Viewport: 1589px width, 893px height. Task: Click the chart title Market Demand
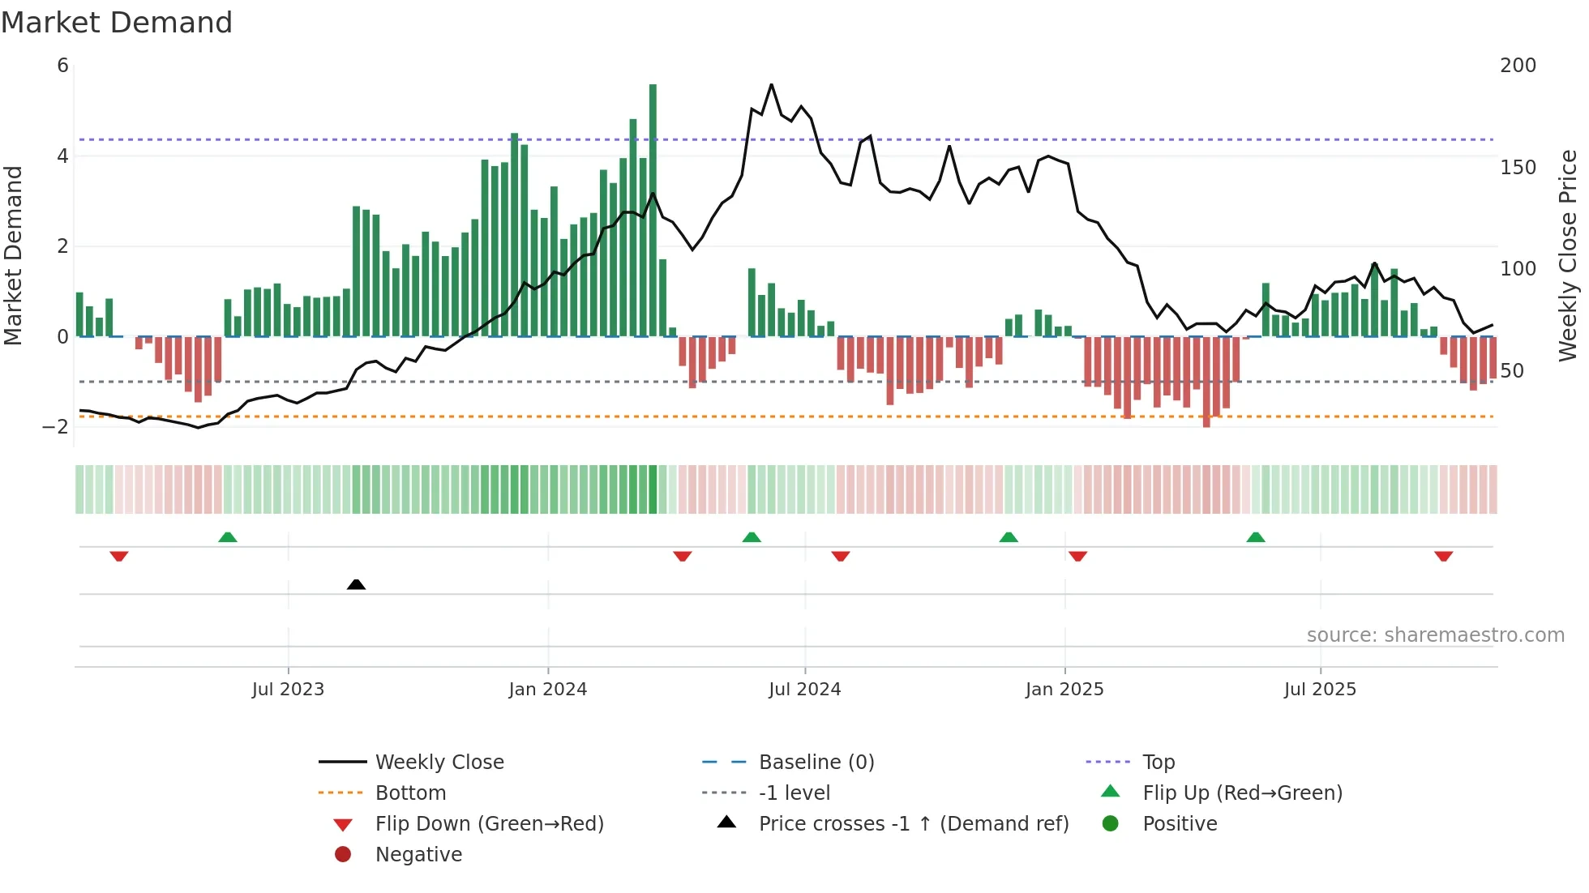click(117, 23)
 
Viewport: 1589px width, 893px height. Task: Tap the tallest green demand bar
click(653, 211)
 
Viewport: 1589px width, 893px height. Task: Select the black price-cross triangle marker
click(356, 584)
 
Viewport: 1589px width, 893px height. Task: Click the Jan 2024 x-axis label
click(547, 690)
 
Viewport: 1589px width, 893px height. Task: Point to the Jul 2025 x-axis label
click(1319, 690)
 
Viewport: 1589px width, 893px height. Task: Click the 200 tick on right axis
click(1518, 66)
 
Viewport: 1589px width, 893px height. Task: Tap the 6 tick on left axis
click(62, 66)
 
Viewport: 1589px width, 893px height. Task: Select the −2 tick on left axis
click(55, 427)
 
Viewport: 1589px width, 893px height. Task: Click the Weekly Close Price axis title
click(1568, 255)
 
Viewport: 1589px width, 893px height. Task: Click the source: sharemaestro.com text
click(1435, 635)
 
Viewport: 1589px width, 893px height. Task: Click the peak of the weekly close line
click(771, 84)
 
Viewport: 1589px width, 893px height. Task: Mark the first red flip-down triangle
click(119, 556)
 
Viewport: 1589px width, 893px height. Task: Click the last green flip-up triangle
click(1255, 537)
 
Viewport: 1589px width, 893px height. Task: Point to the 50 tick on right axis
click(1512, 371)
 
